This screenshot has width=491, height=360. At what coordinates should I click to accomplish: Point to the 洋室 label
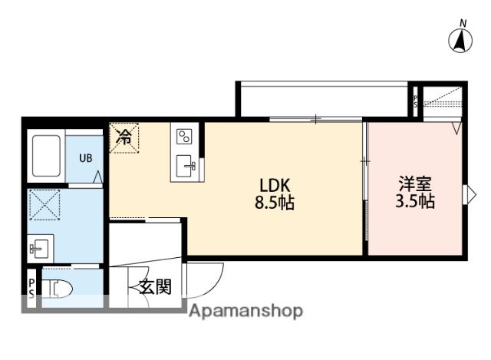[415, 185]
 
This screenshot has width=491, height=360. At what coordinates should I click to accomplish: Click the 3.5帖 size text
[415, 203]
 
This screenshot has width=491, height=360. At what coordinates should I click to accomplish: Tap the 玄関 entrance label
[154, 288]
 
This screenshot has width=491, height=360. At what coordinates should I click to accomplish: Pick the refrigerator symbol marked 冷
[124, 139]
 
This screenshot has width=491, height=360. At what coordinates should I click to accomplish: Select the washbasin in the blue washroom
[39, 248]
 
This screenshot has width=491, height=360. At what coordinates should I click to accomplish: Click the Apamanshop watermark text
[245, 311]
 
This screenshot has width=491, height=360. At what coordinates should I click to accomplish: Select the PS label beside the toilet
[31, 289]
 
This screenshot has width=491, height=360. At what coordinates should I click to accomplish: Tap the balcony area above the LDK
[322, 100]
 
